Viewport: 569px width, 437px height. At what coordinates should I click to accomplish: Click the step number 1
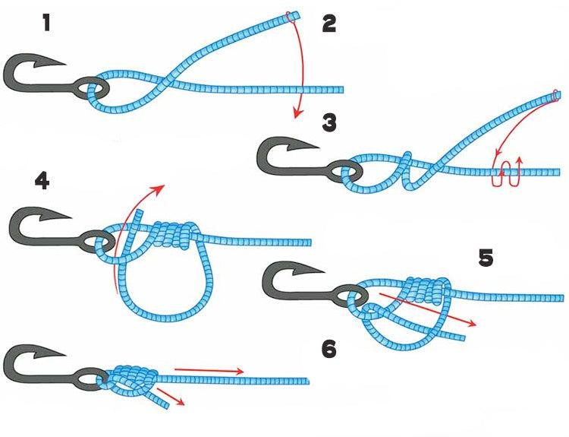pos(47,24)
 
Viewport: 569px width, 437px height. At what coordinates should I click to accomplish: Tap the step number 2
pos(329,24)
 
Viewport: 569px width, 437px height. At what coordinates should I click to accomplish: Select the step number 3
pos(329,122)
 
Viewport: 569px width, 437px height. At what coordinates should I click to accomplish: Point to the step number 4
pos(42,182)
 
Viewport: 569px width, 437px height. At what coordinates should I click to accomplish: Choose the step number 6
pos(329,350)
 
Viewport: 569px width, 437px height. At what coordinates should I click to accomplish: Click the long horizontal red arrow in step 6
pos(209,371)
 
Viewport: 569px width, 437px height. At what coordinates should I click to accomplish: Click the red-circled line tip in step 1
pos(292,15)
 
